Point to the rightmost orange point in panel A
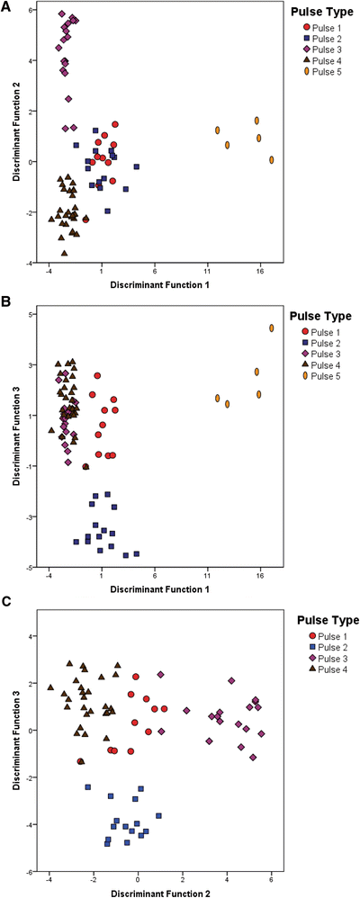[x=271, y=160]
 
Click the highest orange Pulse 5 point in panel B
[x=271, y=328]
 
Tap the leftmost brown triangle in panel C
[x=51, y=687]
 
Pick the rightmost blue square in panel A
[x=137, y=166]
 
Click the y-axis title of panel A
[x=16, y=135]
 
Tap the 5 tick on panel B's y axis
[x=30, y=315]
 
